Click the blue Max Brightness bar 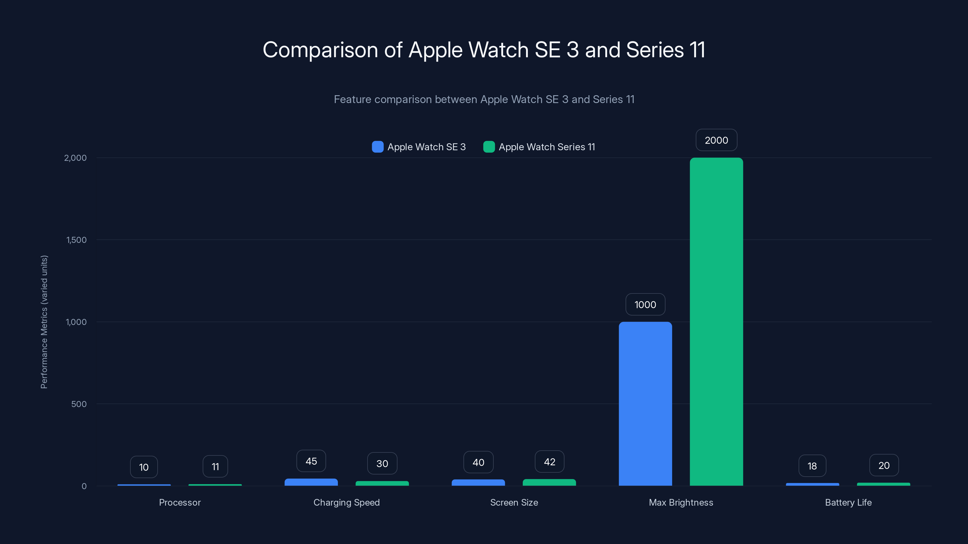click(645, 403)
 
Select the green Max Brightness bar click(716, 322)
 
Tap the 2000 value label click(716, 140)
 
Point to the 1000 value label click(645, 304)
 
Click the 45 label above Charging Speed click(311, 461)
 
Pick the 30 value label click(382, 464)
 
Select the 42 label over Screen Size click(549, 462)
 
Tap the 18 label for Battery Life click(812, 466)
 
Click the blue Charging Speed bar click(311, 482)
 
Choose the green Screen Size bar click(549, 482)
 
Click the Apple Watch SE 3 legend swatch click(378, 147)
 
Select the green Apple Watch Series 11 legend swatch click(489, 147)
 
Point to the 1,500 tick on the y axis click(76, 240)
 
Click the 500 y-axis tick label click(79, 404)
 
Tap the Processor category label click(180, 502)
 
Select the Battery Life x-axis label click(848, 502)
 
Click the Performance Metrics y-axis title click(44, 322)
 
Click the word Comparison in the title click(320, 50)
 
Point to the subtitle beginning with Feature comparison click(484, 99)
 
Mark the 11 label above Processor click(215, 467)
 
